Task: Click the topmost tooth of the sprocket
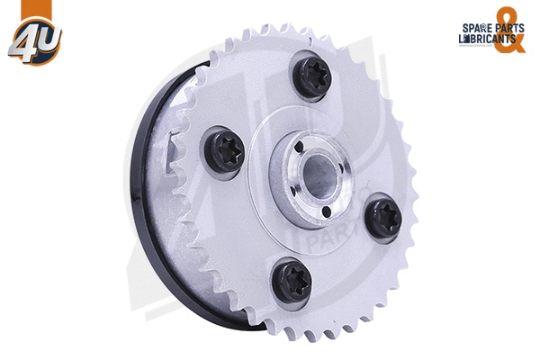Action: (286, 30)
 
